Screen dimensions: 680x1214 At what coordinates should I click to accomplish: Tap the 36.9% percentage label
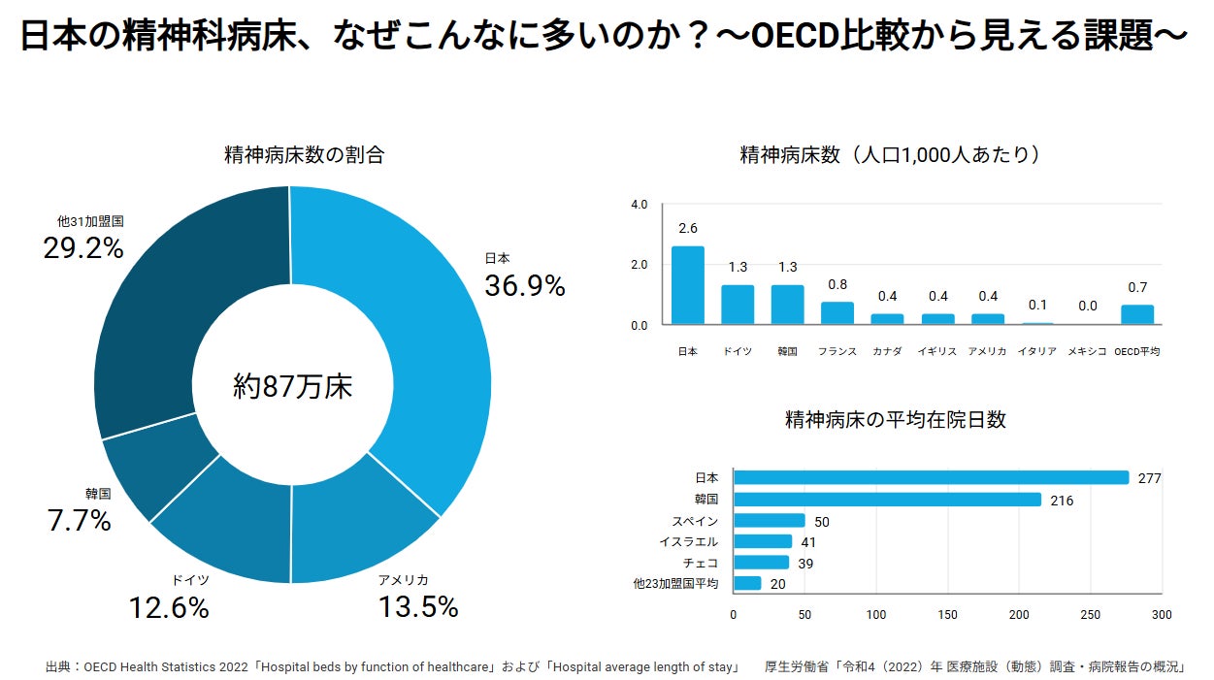[x=524, y=286]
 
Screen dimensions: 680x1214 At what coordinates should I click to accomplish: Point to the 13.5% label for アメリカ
[x=417, y=607]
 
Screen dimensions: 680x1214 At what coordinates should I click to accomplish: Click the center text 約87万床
[x=293, y=387]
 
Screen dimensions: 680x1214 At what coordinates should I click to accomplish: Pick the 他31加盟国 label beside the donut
[x=90, y=221]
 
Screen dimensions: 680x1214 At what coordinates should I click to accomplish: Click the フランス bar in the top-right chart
[x=837, y=312]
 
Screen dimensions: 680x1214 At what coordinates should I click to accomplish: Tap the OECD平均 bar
[x=1137, y=314]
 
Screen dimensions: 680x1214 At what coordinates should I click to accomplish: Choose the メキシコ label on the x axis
[x=1087, y=351]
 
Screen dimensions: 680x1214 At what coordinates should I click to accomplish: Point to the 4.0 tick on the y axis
[x=639, y=205]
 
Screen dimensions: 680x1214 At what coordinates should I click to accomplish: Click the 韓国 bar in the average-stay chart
[x=887, y=500]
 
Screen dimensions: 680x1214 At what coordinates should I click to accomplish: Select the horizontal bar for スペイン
[x=770, y=521]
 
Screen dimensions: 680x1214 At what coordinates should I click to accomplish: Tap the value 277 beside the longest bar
[x=1150, y=478]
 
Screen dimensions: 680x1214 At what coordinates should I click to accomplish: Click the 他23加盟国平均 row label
[x=675, y=584]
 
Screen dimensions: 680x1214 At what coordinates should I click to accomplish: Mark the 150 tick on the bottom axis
[x=948, y=615]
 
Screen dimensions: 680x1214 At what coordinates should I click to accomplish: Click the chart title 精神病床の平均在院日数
[x=895, y=420]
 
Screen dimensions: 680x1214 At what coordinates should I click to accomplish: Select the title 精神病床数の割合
[x=304, y=154]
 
